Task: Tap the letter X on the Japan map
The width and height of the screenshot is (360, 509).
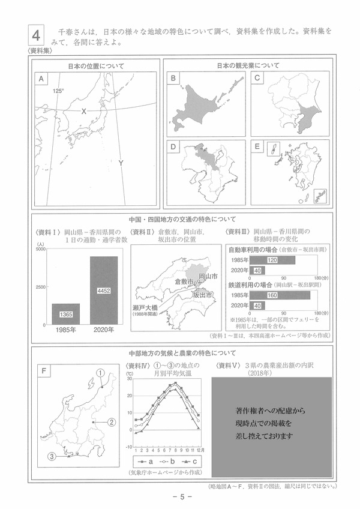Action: pos(84,111)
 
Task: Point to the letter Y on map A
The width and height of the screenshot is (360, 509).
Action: pos(121,163)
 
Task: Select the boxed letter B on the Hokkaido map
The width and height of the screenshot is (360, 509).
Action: pos(173,79)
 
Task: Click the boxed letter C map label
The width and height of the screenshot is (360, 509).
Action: pos(257,79)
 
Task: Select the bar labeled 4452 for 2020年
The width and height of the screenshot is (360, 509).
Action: pos(103,291)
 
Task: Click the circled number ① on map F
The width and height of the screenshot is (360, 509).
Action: pos(101,373)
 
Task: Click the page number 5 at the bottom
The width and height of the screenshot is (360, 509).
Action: pos(180,496)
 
